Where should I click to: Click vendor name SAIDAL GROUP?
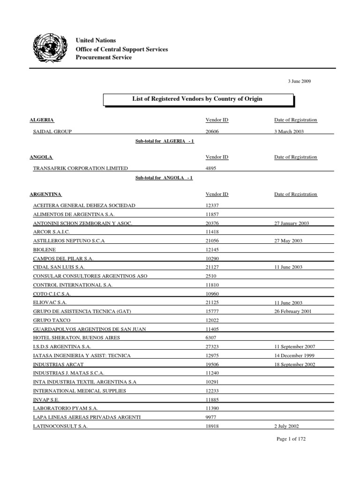52,132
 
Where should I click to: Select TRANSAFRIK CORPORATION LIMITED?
80,169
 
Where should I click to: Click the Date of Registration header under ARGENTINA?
295,194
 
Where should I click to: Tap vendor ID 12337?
213,206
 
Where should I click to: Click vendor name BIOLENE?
44,250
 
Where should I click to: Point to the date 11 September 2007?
295,346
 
